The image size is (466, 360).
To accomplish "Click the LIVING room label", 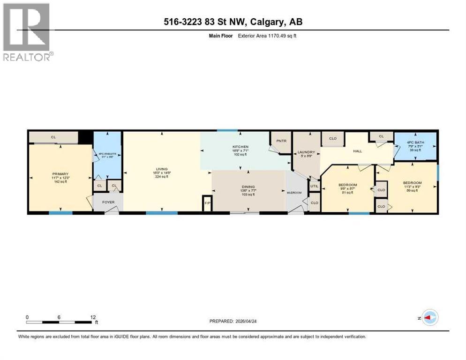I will click(162, 169).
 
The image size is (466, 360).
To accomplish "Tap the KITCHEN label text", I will click(240, 147).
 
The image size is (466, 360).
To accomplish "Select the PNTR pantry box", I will click(281, 140).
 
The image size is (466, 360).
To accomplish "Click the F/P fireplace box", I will click(207, 204).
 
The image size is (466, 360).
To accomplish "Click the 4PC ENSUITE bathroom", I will click(107, 155).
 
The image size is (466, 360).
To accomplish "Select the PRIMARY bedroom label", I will click(60, 173).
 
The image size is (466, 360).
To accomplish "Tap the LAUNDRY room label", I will click(306, 152).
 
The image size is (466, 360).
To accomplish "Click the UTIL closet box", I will click(314, 186).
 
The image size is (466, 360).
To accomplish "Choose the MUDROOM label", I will click(294, 192).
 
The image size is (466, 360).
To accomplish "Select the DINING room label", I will click(249, 186).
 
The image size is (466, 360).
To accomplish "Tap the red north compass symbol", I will click(428, 318).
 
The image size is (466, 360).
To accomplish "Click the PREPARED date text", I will click(233, 321).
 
